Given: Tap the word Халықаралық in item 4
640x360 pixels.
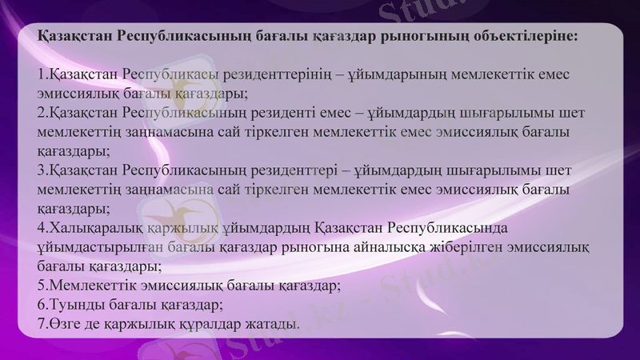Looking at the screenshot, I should [86, 228].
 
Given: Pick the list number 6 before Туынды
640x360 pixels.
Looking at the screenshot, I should [42, 304].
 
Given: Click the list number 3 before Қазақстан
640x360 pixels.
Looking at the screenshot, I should [42, 170].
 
